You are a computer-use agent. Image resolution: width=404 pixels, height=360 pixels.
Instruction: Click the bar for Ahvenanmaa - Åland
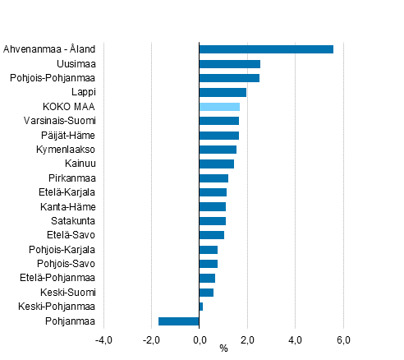(x=266, y=49)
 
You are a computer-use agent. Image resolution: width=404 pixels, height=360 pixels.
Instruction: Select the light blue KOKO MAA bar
(x=219, y=107)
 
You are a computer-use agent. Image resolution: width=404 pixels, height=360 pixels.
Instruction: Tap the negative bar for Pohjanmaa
(x=179, y=321)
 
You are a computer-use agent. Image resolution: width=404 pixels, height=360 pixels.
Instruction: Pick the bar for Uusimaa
(x=230, y=64)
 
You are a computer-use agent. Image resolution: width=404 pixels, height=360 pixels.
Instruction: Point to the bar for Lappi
(x=223, y=92)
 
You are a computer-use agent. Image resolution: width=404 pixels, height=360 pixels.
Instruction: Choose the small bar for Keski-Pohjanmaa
(x=201, y=307)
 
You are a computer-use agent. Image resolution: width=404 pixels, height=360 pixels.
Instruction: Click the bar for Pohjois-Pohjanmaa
(x=229, y=78)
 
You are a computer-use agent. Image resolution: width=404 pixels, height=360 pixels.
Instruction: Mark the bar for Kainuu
(x=217, y=164)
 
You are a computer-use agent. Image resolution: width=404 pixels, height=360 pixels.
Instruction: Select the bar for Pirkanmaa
(x=213, y=178)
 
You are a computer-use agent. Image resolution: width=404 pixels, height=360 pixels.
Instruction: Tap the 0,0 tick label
(x=200, y=339)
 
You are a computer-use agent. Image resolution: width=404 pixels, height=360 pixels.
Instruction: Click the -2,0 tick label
(x=151, y=339)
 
